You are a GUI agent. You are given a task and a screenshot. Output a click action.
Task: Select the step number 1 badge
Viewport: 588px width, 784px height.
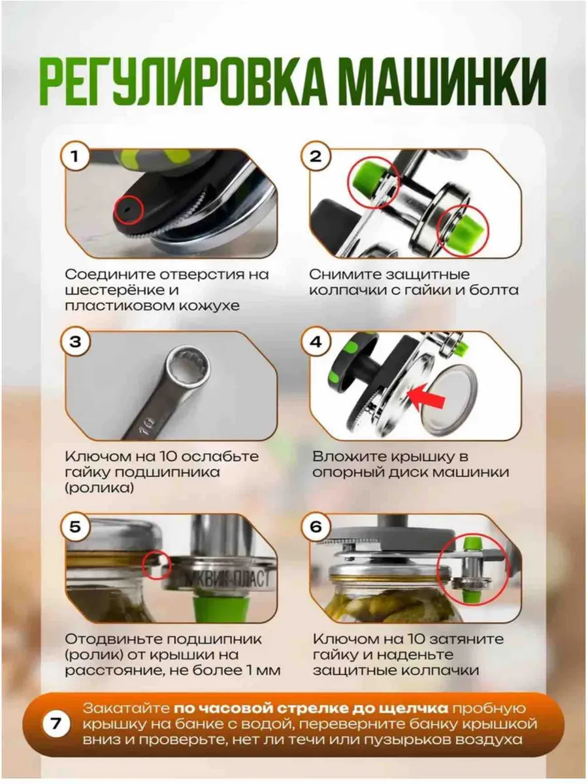pos(75,156)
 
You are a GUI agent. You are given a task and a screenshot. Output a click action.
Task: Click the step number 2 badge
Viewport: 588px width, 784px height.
pos(316,156)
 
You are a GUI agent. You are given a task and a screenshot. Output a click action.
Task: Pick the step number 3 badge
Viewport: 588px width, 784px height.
pos(75,342)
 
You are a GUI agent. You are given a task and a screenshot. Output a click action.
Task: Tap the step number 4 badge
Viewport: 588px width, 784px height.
pos(316,342)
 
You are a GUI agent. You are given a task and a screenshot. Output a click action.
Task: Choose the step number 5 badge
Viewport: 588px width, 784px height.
pos(75,527)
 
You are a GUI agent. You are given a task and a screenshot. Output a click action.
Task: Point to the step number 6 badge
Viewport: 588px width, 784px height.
pos(316,527)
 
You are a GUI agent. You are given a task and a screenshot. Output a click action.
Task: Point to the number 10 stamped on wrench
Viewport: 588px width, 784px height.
pos(145,424)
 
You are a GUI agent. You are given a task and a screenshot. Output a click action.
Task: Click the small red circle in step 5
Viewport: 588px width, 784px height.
pos(156,565)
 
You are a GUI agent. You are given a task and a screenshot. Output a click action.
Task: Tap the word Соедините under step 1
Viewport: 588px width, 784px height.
pos(110,274)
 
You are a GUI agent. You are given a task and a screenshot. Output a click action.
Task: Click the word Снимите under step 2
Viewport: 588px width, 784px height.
pos(345,274)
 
